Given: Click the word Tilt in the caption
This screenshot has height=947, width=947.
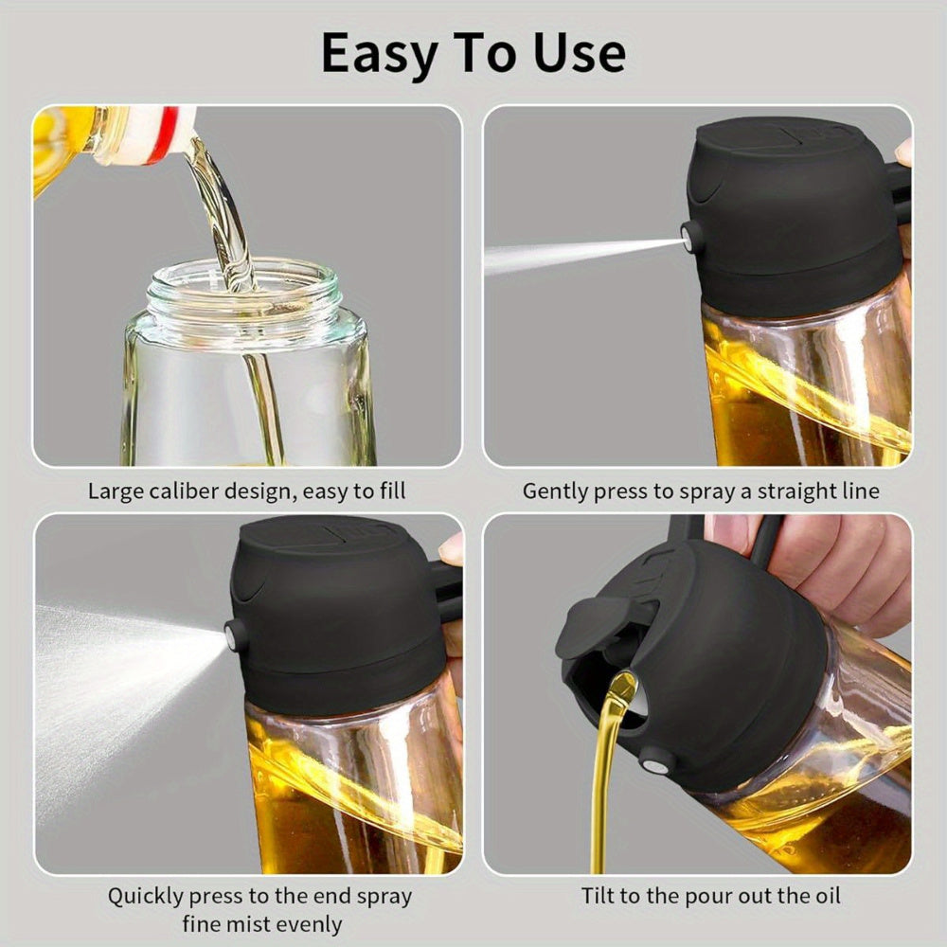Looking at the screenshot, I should (x=600, y=895).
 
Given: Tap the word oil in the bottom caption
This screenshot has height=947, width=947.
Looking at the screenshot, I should (x=823, y=895).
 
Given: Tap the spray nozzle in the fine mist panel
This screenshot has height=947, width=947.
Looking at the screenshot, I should (x=233, y=635).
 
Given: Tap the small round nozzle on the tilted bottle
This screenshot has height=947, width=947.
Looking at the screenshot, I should (x=652, y=758).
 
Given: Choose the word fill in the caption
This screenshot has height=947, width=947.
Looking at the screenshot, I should (x=389, y=491).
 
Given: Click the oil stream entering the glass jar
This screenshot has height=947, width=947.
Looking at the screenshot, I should (x=227, y=218).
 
